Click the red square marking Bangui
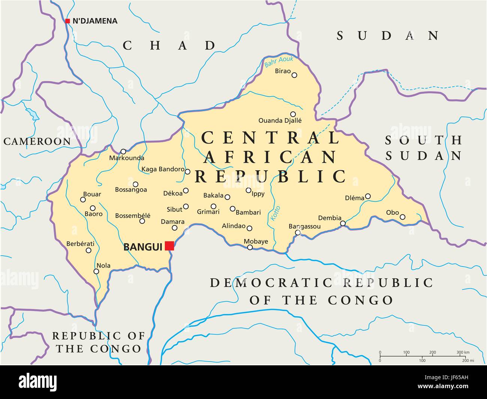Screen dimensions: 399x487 (x=169, y=246)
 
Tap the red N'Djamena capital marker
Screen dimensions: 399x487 (x=67, y=21)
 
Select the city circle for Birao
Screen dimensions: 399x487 (x=294, y=75)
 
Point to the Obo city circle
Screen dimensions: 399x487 (x=402, y=217)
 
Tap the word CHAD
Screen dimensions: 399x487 (x=169, y=46)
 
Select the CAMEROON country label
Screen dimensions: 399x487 (x=37, y=141)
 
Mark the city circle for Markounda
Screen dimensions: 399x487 (x=123, y=151)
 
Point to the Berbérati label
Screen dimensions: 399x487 (x=80, y=243)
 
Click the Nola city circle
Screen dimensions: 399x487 (x=97, y=271)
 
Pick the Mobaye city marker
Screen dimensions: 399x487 (x=250, y=247)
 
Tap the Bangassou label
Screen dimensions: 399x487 (x=305, y=226)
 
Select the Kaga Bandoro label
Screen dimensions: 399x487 (x=163, y=169)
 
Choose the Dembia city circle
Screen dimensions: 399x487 (x=343, y=223)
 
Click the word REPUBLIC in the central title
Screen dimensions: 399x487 (x=270, y=176)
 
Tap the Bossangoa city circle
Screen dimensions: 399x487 (x=136, y=184)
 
